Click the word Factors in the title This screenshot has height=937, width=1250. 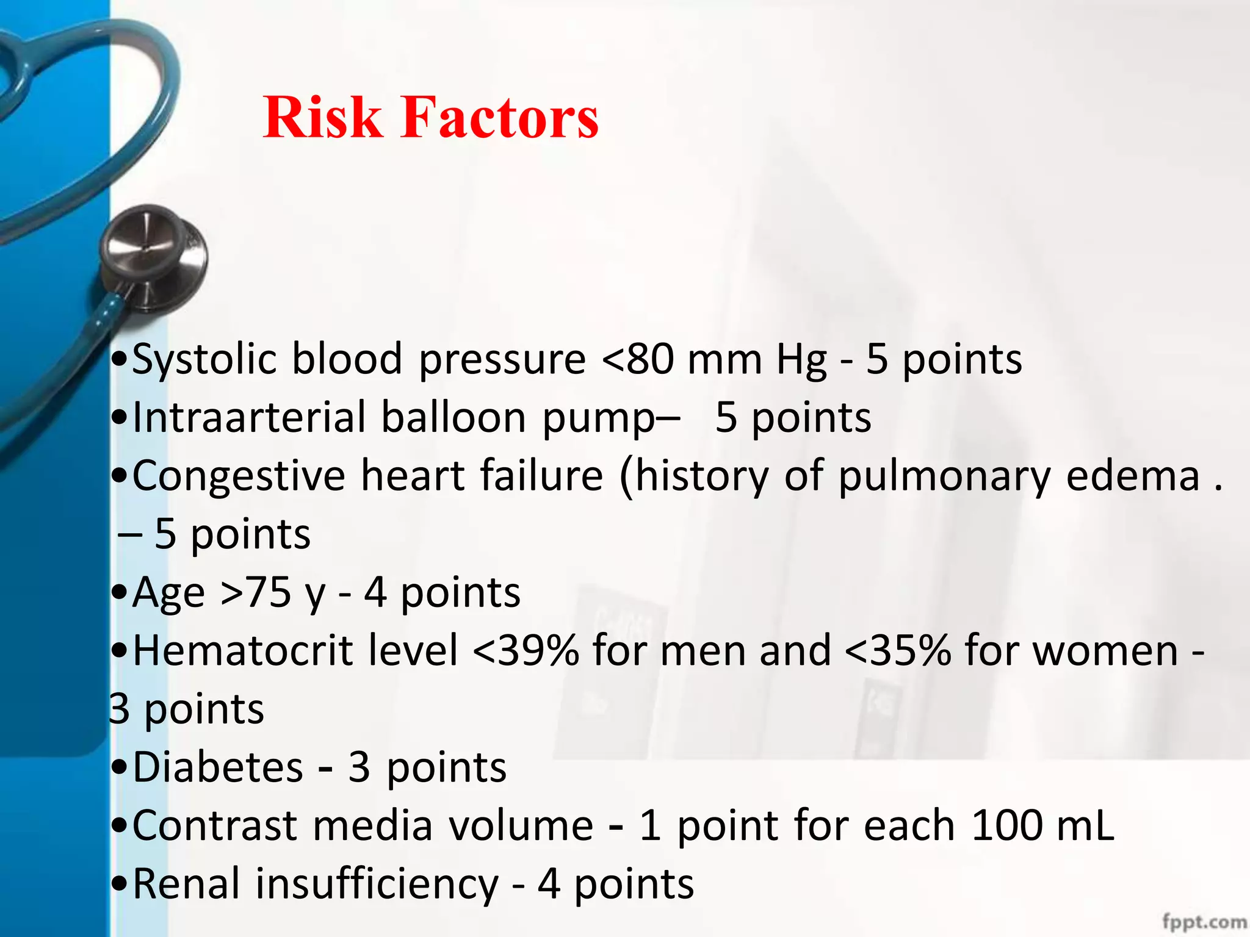point(499,117)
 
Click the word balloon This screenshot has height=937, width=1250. point(453,418)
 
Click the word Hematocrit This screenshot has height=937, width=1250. point(243,651)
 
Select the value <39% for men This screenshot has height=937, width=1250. point(526,651)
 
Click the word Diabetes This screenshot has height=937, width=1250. point(218,767)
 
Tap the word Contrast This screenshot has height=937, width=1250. point(214,826)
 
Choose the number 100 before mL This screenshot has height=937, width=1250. point(1006,826)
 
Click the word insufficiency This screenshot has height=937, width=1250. point(377,885)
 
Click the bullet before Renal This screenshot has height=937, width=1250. point(120,885)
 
